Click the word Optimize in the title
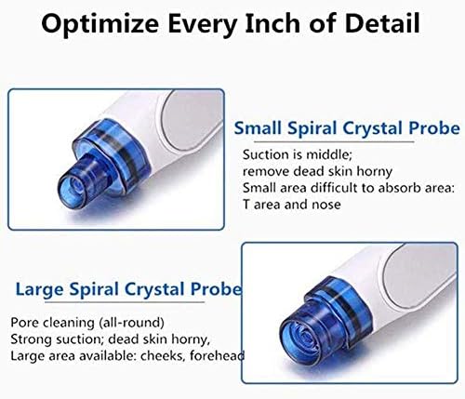coord(100,25)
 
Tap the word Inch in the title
coord(273,23)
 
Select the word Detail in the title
coord(382,23)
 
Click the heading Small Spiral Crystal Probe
coord(347,128)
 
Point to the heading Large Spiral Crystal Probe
coord(128,289)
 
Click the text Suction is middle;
coord(298,154)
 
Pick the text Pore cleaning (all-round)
coord(87,323)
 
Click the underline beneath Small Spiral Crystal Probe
coord(334,141)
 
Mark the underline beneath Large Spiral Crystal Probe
coord(125,301)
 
